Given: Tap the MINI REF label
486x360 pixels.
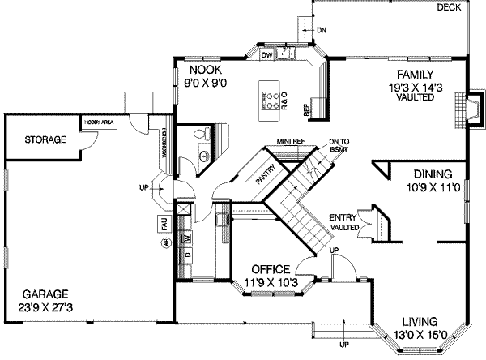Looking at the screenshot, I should pyautogui.click(x=289, y=139).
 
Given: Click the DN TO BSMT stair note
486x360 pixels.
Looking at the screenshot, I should pyautogui.click(x=340, y=144).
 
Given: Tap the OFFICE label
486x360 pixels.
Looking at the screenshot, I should pyautogui.click(x=271, y=270).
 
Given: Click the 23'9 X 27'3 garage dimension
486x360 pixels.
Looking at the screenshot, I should pyautogui.click(x=45, y=308).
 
